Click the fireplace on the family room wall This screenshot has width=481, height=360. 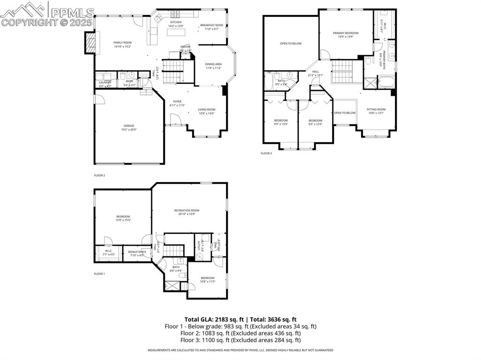[x=90, y=43]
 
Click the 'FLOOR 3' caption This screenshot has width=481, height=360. [x=266, y=153]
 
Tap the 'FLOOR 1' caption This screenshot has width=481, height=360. [x=100, y=274]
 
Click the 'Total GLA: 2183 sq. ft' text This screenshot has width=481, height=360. [x=214, y=319]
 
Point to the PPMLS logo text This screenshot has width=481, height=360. [x=71, y=12]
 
